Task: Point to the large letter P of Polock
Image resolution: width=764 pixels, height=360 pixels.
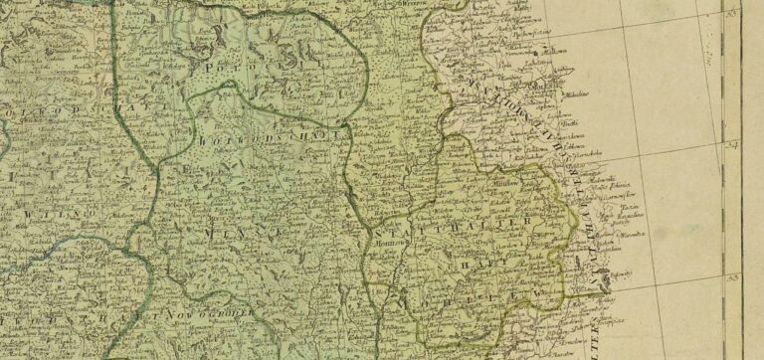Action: coord(210,70)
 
